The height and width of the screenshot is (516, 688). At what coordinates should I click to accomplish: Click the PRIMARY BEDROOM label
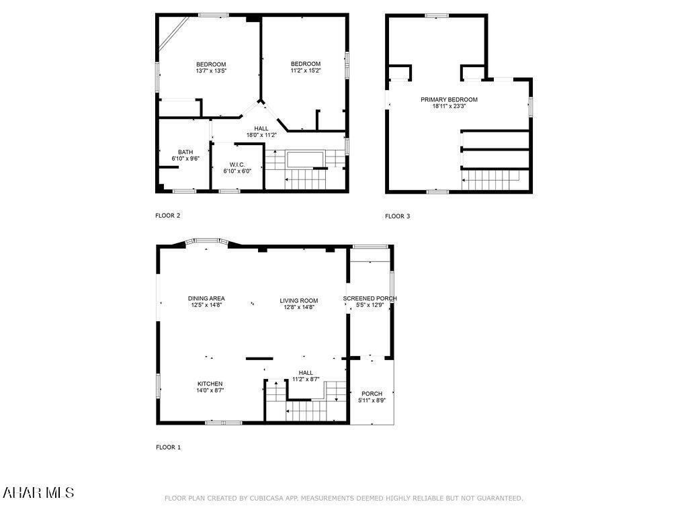point(449,99)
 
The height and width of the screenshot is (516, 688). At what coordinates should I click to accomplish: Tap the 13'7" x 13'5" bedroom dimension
point(211,71)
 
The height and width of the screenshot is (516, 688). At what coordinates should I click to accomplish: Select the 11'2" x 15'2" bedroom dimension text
point(305,71)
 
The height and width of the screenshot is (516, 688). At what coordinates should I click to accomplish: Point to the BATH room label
point(185,152)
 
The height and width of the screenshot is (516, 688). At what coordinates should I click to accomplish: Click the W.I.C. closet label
point(237,165)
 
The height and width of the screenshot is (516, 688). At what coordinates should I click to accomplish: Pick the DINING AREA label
point(206,298)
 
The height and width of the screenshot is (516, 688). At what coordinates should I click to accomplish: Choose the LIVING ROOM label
point(299,300)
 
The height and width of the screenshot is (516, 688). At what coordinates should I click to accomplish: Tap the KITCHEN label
point(210,384)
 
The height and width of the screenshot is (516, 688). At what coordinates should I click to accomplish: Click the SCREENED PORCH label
point(370,298)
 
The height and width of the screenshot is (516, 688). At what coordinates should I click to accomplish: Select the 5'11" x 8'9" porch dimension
point(372,400)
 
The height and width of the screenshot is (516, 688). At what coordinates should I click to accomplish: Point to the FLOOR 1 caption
point(168,447)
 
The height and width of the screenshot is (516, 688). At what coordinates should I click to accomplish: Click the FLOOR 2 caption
point(168,216)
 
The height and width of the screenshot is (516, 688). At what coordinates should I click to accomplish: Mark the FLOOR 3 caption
point(397,216)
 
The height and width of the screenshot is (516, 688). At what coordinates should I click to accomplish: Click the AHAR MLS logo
point(38,492)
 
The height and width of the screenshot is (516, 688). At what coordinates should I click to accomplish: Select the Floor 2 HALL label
point(261,128)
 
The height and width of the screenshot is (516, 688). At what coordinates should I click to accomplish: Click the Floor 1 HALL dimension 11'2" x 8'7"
point(306,379)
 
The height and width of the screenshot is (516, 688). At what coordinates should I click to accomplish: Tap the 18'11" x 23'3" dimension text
point(449,106)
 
